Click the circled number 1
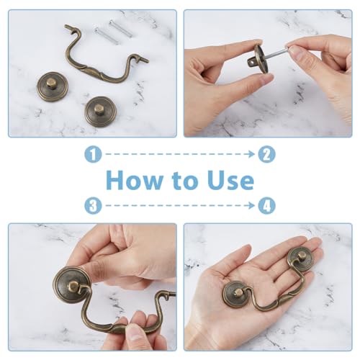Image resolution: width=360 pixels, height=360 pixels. point(94,153)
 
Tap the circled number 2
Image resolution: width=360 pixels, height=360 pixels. point(267,153)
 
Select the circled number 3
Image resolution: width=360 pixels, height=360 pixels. point(94,205)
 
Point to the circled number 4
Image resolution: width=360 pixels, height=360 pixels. point(267,205)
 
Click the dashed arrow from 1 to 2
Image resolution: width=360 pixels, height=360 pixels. point(180,153)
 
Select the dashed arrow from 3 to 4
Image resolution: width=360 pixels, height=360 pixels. point(180,205)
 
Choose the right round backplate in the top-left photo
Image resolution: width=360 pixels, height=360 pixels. point(99,112)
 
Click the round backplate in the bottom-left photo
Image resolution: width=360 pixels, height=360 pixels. point(73,287)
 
